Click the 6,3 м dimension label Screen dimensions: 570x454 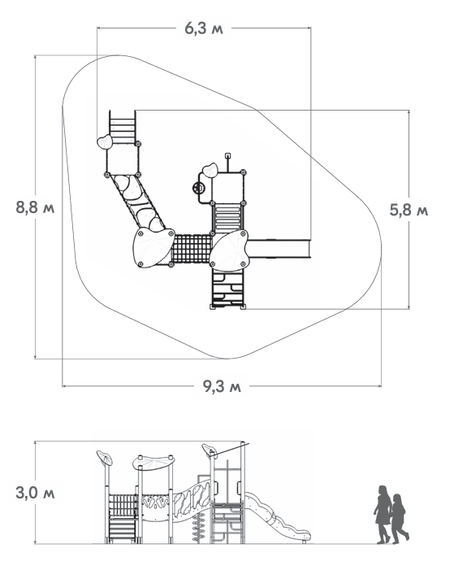[x=203, y=28]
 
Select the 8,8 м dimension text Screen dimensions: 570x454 [x=35, y=207]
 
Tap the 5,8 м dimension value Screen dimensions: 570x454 [x=409, y=210]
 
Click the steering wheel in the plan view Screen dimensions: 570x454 [x=197, y=188]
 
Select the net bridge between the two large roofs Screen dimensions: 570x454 [x=192, y=248]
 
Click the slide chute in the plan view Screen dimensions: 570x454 [x=279, y=246]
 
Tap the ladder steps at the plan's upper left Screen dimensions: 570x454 [x=123, y=129]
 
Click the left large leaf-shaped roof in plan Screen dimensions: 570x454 [x=152, y=247]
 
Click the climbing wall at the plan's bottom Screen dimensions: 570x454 [x=228, y=289]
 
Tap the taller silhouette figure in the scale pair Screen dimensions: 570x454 [x=382, y=512]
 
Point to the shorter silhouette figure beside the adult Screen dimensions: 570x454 [x=400, y=517]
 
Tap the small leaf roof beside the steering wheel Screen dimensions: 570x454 [x=210, y=170]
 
